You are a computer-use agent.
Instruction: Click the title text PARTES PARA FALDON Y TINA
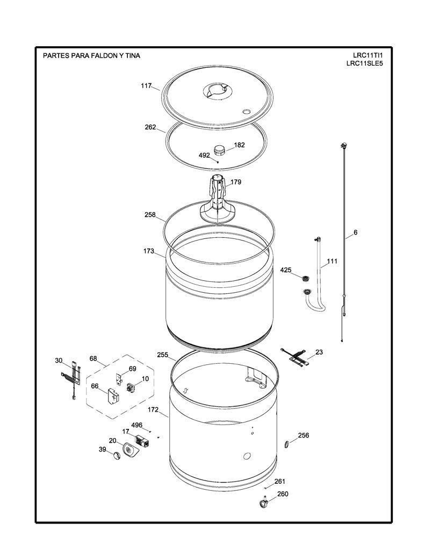point(91,55)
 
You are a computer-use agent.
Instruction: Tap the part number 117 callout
point(146,86)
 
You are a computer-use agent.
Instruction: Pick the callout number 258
point(150,215)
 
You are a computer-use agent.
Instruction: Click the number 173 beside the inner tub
point(148,251)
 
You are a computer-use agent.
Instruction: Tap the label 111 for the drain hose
point(332,261)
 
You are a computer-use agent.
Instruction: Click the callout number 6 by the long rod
point(356,232)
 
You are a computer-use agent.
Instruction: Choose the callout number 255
point(162,355)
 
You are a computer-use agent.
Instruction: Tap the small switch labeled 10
point(131,387)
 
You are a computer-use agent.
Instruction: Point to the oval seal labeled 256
point(286,444)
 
